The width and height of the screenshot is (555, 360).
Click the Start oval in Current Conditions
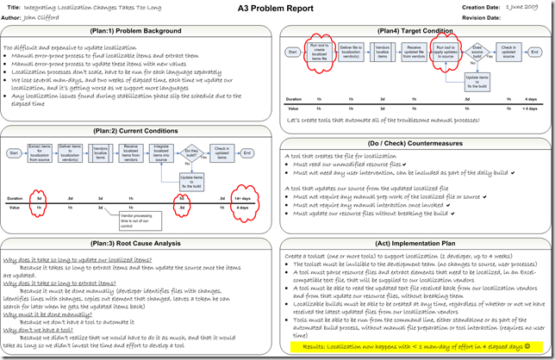(14, 153)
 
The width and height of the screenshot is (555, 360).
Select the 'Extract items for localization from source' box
(41, 153)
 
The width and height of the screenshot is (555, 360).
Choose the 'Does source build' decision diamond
(477, 52)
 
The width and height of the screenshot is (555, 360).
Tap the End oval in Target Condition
(539, 52)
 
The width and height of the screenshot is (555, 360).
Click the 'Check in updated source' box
(508, 52)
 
